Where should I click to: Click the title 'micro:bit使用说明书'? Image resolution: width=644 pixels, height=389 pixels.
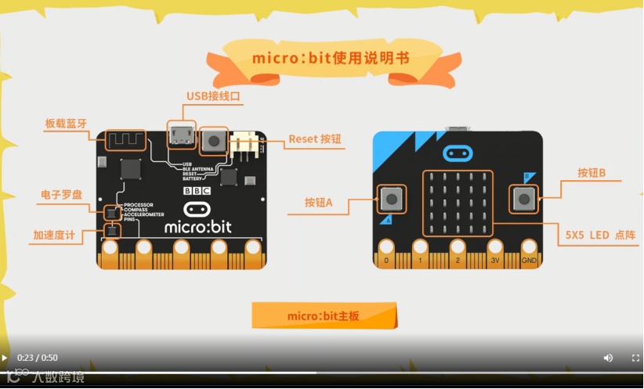pyautogui.click(x=330, y=59)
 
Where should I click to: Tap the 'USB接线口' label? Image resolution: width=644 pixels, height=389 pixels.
pyautogui.click(x=212, y=96)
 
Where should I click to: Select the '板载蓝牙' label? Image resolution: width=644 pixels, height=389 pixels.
pyautogui.click(x=67, y=124)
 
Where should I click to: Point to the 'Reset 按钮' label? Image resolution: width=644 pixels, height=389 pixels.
pyautogui.click(x=314, y=139)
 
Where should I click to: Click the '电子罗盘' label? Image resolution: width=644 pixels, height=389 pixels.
pyautogui.click(x=61, y=194)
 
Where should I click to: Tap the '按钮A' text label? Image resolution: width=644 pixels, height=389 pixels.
pyautogui.click(x=319, y=203)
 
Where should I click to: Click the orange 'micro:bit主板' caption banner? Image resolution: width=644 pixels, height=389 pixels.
pyautogui.click(x=323, y=316)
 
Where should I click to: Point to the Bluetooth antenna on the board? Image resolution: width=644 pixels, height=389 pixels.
pyautogui.click(x=125, y=141)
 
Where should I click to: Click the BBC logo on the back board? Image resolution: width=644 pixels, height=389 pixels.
pyautogui.click(x=197, y=190)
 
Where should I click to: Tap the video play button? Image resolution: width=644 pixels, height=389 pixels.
pyautogui.click(x=5, y=358)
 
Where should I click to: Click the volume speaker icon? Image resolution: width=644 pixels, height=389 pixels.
pyautogui.click(x=608, y=358)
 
